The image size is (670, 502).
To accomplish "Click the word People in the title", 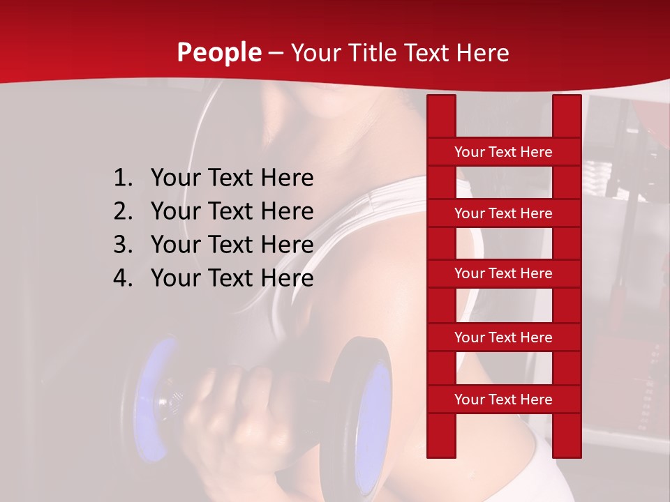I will [218, 52].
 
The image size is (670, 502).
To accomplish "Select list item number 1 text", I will [232, 178].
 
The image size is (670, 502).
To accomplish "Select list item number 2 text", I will [232, 211].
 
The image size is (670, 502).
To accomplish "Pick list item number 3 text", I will [232, 245].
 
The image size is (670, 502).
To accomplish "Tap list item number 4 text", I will [232, 278].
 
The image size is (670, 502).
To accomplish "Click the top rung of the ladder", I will [503, 152].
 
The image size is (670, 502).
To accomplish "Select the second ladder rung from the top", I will [503, 213].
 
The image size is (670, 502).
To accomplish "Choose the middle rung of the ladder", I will [503, 273].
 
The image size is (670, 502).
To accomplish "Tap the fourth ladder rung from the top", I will [503, 337].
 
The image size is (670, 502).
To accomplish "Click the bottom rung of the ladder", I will [503, 400].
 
